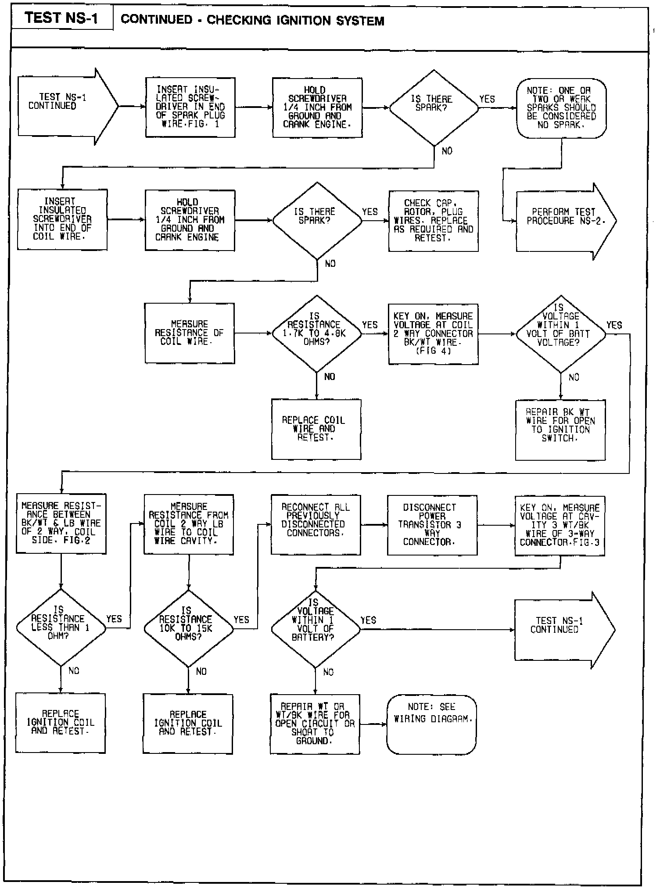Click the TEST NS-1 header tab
(62, 18)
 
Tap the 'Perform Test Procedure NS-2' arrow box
(562, 221)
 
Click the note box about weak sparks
(561, 108)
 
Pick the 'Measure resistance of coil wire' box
(190, 333)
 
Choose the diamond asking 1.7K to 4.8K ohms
(316, 333)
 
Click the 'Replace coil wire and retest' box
(316, 429)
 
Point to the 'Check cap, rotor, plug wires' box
(433, 221)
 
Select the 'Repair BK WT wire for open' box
(560, 430)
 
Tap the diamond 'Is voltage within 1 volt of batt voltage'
(560, 333)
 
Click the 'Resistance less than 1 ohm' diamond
(61, 628)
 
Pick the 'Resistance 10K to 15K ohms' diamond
(188, 628)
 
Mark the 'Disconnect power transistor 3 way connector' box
(432, 525)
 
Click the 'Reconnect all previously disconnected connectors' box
(316, 525)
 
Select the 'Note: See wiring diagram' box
(431, 724)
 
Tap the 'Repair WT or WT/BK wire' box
(315, 724)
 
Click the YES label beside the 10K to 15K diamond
(241, 620)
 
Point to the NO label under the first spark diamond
(447, 151)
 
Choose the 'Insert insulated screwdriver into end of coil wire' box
(62, 219)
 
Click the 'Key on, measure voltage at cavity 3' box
(560, 526)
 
